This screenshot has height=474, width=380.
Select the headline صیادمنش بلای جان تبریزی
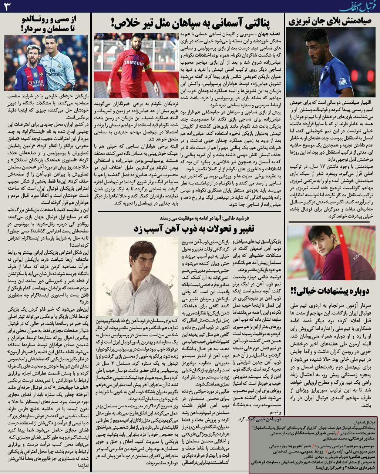pyautogui.click(x=331, y=21)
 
